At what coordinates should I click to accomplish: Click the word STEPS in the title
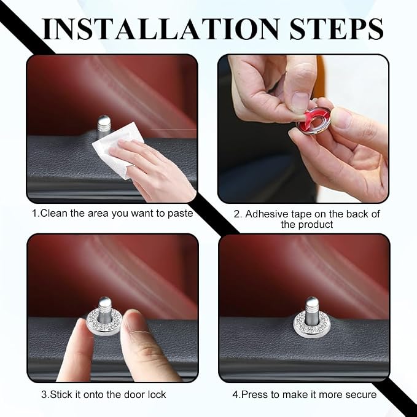coord(336,29)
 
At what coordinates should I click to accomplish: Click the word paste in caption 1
coord(180,214)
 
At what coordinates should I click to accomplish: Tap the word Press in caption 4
coord(255,394)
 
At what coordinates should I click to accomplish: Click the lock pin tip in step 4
coord(312,300)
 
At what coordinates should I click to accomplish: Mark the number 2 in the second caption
coord(236,214)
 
